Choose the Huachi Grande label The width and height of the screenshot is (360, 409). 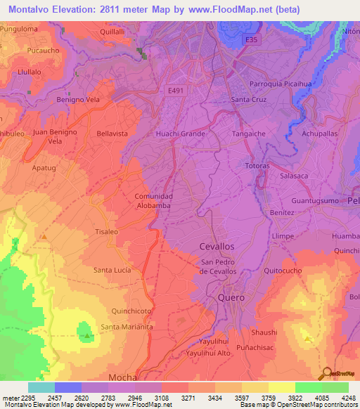point(181,133)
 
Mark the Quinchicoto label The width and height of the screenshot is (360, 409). point(132,310)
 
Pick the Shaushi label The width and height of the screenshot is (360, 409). point(264,332)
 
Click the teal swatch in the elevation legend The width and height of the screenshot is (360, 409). point(41,387)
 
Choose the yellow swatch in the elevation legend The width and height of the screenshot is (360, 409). point(281,387)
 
